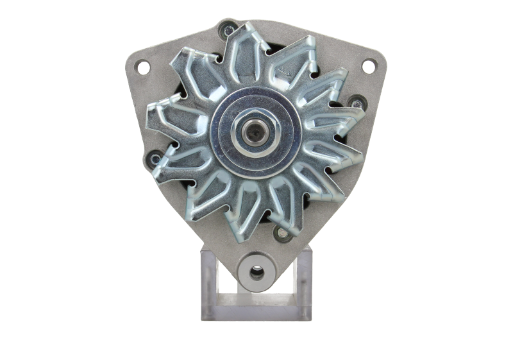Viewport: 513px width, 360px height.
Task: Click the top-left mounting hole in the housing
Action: coord(142,66)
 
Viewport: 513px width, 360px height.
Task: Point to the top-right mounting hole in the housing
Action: coord(369,65)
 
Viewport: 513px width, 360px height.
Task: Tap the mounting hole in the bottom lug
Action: coord(256,273)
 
